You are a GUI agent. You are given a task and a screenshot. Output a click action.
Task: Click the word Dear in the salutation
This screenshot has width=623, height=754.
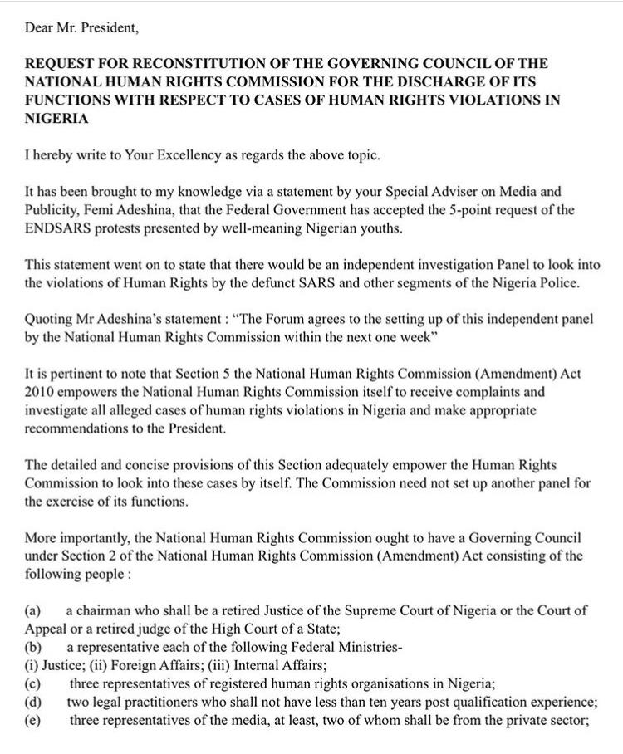(40, 27)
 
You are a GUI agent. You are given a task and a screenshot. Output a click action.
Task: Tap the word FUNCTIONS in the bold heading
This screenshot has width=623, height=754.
(66, 100)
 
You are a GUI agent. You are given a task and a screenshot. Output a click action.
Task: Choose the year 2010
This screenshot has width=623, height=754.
(41, 392)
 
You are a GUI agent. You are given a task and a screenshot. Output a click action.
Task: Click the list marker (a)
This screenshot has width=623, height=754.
(34, 610)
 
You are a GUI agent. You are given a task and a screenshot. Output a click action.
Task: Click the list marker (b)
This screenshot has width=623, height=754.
(34, 647)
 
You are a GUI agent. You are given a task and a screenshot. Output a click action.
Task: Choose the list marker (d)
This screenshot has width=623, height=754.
(34, 702)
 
